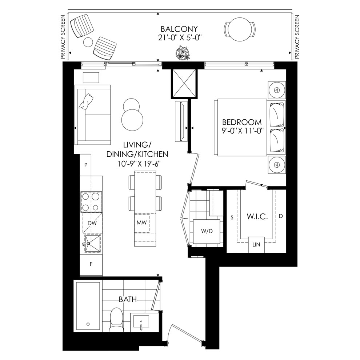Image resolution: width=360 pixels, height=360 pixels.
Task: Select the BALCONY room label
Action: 179,29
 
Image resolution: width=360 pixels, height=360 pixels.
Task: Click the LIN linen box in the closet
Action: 256,244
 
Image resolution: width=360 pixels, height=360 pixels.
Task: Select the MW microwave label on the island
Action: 141,223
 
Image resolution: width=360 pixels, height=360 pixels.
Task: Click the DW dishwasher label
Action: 92,223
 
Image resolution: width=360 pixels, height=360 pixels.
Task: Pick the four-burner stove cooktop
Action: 91,202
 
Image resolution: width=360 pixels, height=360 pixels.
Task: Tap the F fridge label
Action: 91,264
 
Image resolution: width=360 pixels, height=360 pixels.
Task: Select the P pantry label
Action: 86,165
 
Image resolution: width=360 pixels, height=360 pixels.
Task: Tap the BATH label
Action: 128,300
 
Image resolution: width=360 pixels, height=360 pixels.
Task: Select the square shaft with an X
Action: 184,83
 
